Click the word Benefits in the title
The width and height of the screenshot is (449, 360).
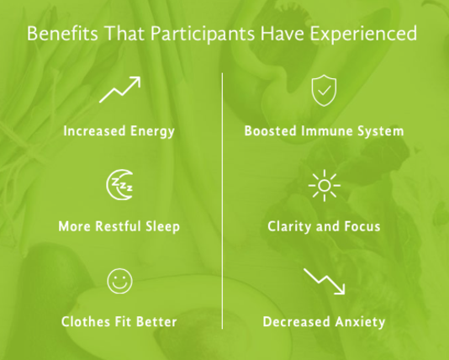(62, 33)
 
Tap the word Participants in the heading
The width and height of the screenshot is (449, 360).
(203, 34)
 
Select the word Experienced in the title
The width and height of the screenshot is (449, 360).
(363, 34)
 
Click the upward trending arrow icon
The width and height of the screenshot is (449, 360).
(120, 89)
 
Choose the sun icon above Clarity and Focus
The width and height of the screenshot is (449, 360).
(325, 186)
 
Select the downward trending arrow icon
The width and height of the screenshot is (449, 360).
(325, 281)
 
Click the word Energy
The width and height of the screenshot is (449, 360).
(152, 131)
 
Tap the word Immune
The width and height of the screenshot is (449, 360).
(326, 131)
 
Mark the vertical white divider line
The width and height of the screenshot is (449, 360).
(223, 201)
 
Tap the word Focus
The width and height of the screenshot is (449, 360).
(362, 226)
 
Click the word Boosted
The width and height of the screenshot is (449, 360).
(271, 131)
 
